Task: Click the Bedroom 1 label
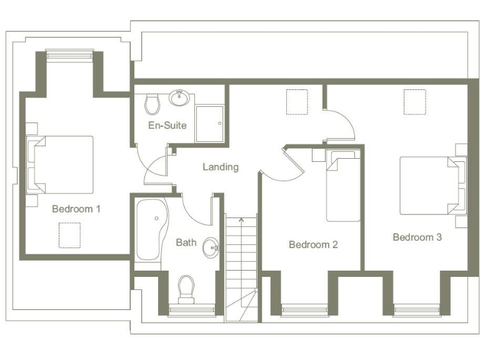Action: pos(76,209)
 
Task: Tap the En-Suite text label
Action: pos(167,125)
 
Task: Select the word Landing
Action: pos(221,167)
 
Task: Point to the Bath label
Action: pos(186,242)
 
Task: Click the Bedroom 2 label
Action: pos(313,244)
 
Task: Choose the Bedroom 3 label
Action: pos(417,237)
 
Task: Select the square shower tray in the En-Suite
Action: pos(209,119)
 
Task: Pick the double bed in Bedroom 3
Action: pos(430,185)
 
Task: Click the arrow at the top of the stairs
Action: pos(241,220)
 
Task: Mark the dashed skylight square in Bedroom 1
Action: pos(69,234)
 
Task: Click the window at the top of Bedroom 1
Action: pos(69,55)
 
